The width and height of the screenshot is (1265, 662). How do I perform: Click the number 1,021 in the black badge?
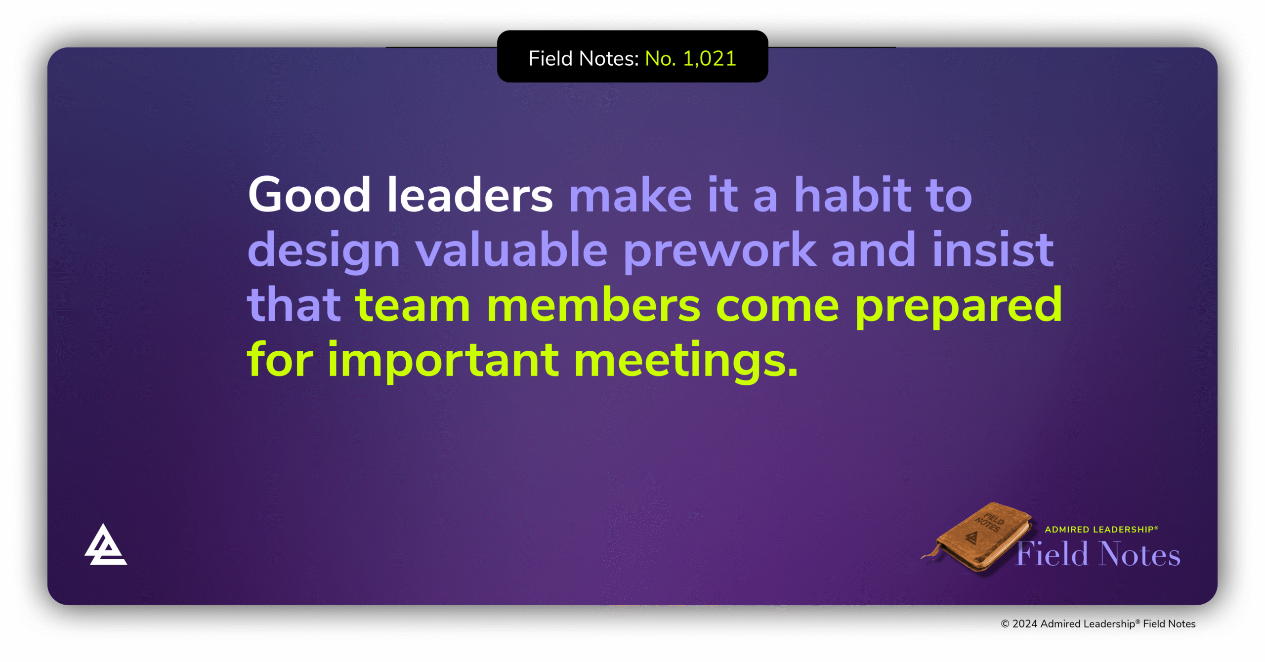pyautogui.click(x=709, y=58)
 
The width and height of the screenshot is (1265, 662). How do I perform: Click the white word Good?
pyautogui.click(x=309, y=195)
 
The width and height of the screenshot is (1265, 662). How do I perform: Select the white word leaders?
pyautogui.click(x=470, y=195)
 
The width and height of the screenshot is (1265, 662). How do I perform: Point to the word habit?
pyautogui.click(x=852, y=195)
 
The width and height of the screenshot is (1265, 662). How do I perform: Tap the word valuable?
pyautogui.click(x=511, y=249)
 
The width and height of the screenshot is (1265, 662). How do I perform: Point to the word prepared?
pyautogui.click(x=959, y=307)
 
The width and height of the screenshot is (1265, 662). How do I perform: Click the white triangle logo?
pyautogui.click(x=105, y=544)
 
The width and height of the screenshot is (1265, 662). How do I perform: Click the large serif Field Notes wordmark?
pyautogui.click(x=1098, y=554)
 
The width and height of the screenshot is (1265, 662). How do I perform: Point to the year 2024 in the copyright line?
pyautogui.click(x=1025, y=624)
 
